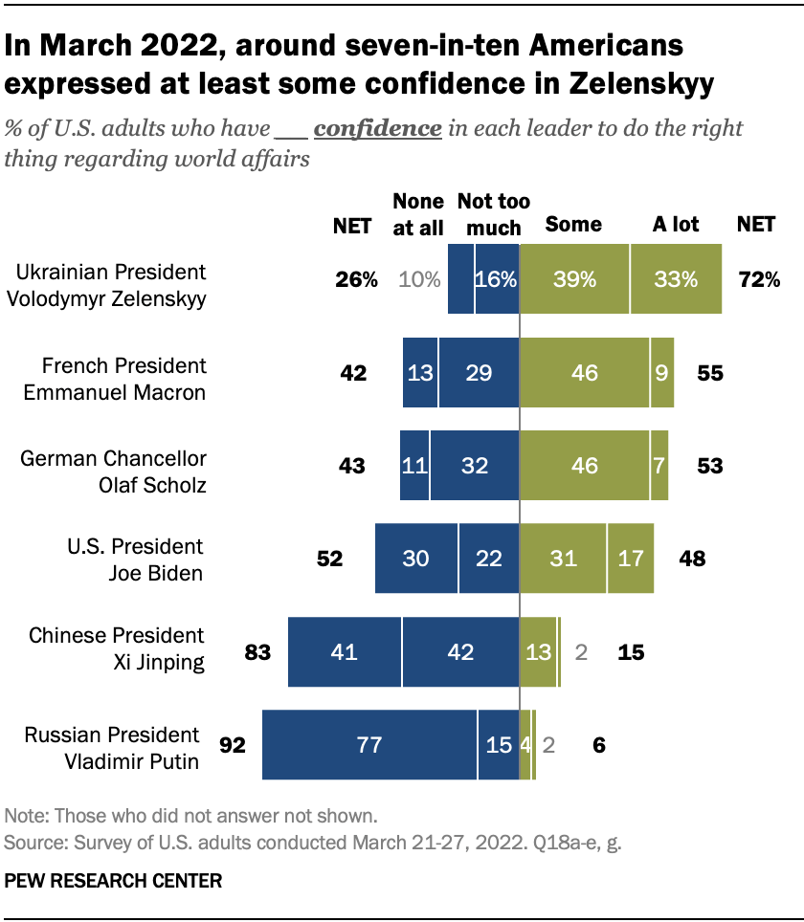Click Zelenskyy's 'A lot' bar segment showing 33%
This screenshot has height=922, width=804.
[x=676, y=279]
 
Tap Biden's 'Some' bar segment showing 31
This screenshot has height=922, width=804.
[x=563, y=559]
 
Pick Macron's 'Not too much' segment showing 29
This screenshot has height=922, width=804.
[x=479, y=372]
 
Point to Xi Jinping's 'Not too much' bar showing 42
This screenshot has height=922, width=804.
[x=460, y=652]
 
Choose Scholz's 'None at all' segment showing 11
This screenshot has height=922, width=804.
[x=414, y=466]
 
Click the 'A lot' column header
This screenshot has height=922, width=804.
[x=676, y=225]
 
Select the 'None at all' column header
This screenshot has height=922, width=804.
[x=418, y=214]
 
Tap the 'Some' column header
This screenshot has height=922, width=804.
[x=572, y=225]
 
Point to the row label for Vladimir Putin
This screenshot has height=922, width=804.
[x=112, y=748]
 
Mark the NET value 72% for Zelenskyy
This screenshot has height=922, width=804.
[x=759, y=279]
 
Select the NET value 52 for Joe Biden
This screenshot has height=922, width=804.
[x=330, y=559]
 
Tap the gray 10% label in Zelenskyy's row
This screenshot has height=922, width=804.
[x=418, y=279]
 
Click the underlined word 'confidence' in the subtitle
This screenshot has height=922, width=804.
[x=377, y=129]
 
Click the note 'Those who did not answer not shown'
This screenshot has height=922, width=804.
[x=191, y=817]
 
